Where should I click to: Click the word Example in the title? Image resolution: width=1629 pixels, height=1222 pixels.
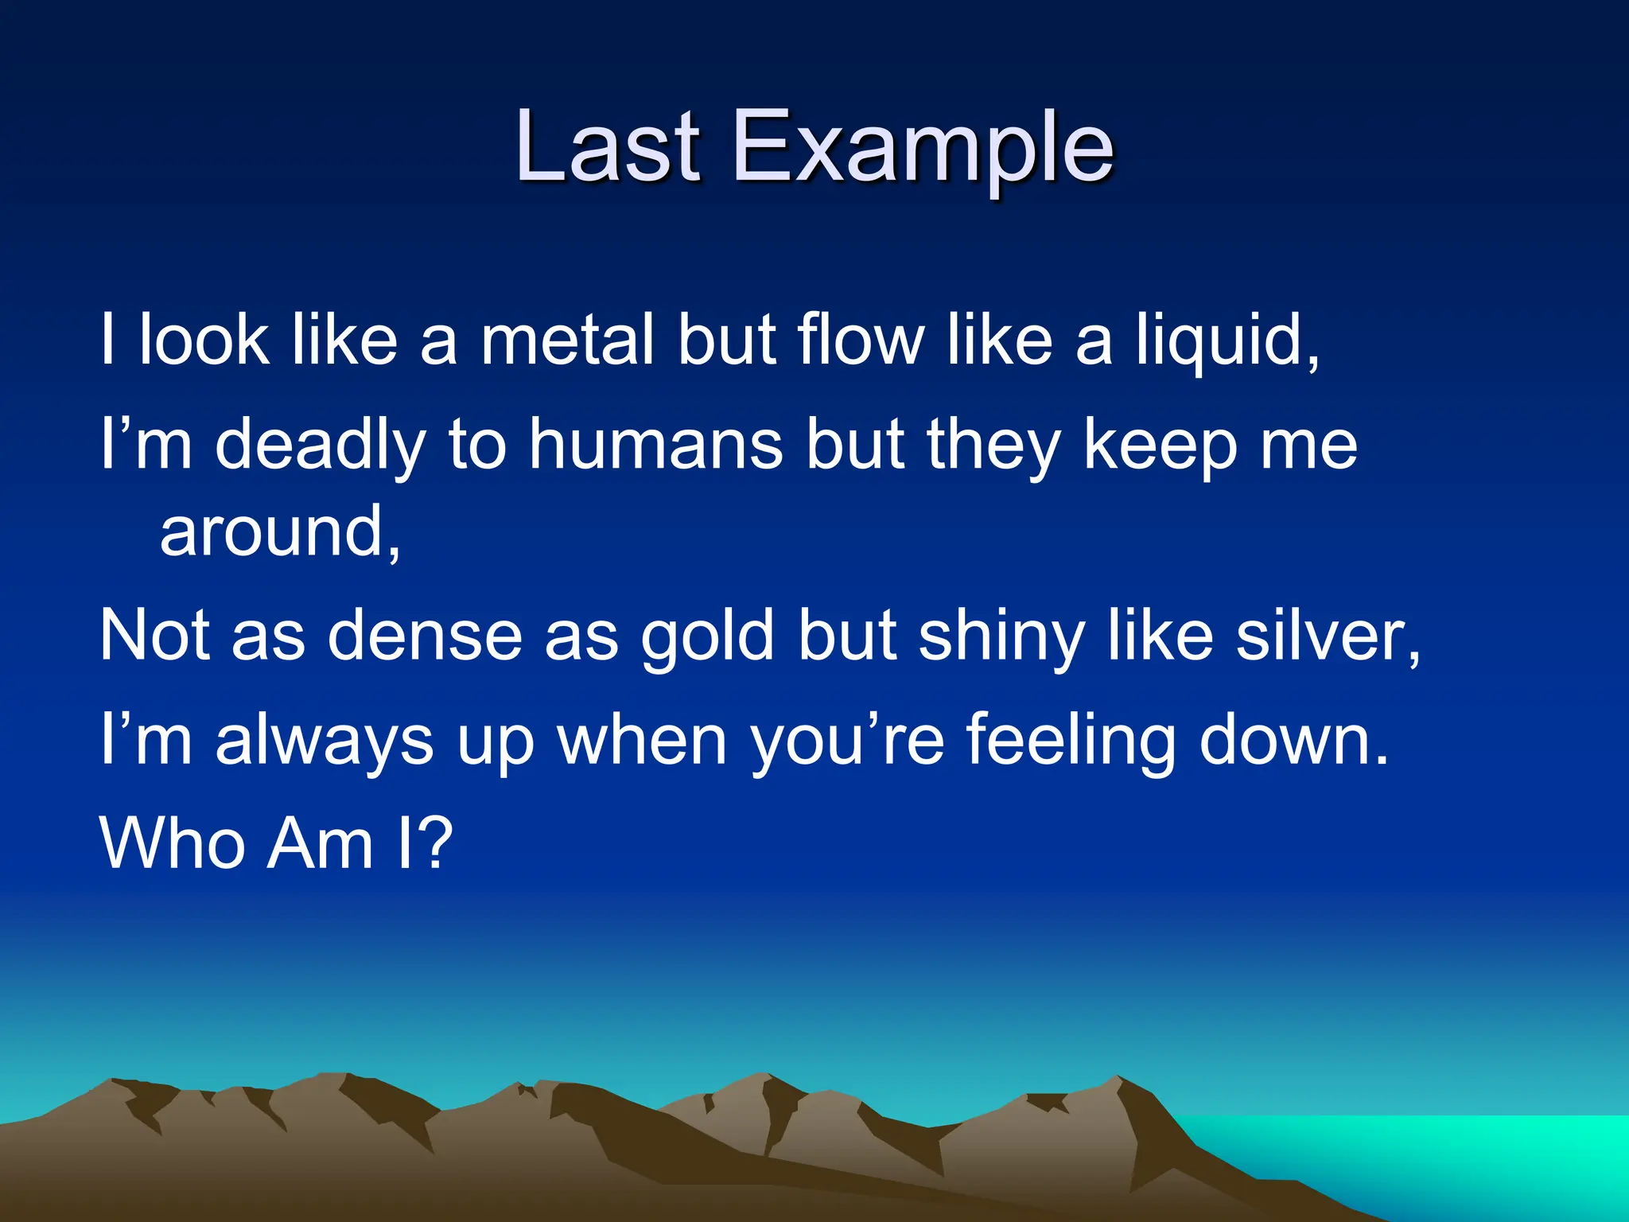pos(923,151)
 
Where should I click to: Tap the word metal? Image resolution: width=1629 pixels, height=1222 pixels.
pos(569,341)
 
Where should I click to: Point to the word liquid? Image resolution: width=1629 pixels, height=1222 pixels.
pos(1225,342)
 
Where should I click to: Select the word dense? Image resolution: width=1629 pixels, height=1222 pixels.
pos(426,636)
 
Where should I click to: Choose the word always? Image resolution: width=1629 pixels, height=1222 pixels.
pos(325,741)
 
